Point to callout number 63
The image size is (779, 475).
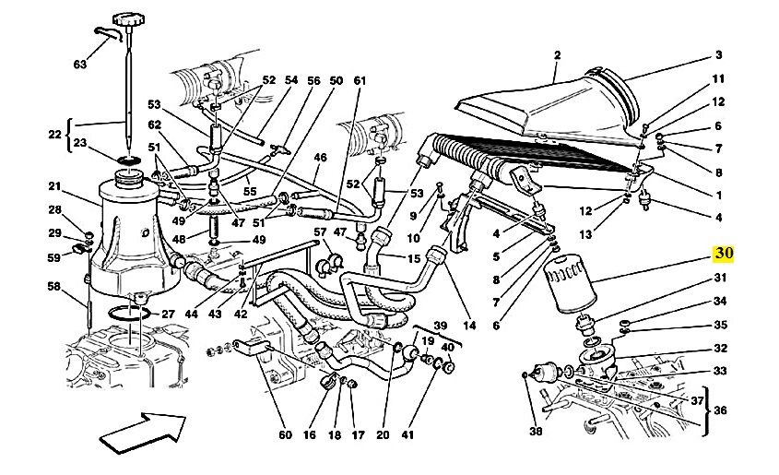80,65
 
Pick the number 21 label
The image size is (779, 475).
54,187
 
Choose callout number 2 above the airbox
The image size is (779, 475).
557,56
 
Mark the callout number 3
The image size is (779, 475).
718,54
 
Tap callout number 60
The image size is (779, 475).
284,435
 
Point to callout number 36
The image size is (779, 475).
720,410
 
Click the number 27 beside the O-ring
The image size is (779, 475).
167,315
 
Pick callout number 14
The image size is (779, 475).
469,325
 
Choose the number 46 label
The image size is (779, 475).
320,158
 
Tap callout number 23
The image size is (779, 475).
80,143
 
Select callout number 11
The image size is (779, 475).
718,79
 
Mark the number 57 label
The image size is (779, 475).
320,232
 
